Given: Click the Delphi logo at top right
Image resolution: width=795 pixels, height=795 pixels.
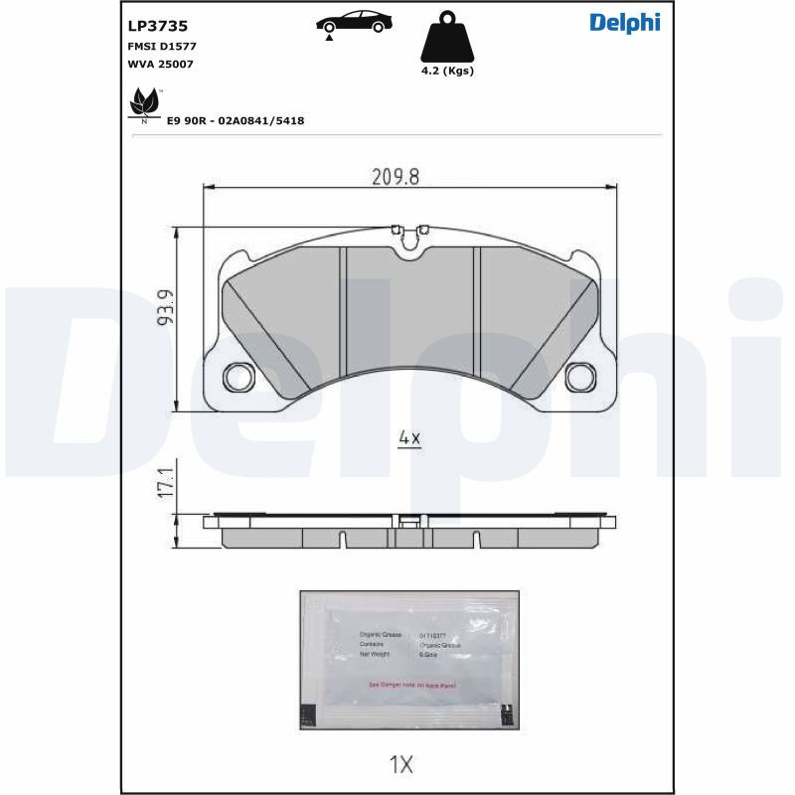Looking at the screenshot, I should (624, 23).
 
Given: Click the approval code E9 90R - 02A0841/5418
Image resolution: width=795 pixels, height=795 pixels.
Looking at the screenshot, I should (235, 120).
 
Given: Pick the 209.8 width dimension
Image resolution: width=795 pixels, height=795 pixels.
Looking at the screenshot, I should (396, 177).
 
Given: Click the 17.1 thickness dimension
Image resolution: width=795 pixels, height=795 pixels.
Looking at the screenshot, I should (166, 484).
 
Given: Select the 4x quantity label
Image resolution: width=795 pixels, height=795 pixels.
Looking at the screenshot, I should (409, 438).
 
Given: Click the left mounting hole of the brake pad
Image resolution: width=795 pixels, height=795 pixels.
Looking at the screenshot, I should (238, 377).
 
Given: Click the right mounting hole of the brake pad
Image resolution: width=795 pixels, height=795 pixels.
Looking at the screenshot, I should (579, 377).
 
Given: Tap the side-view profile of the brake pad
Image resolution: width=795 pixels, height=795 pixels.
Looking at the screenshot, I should (409, 533).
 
